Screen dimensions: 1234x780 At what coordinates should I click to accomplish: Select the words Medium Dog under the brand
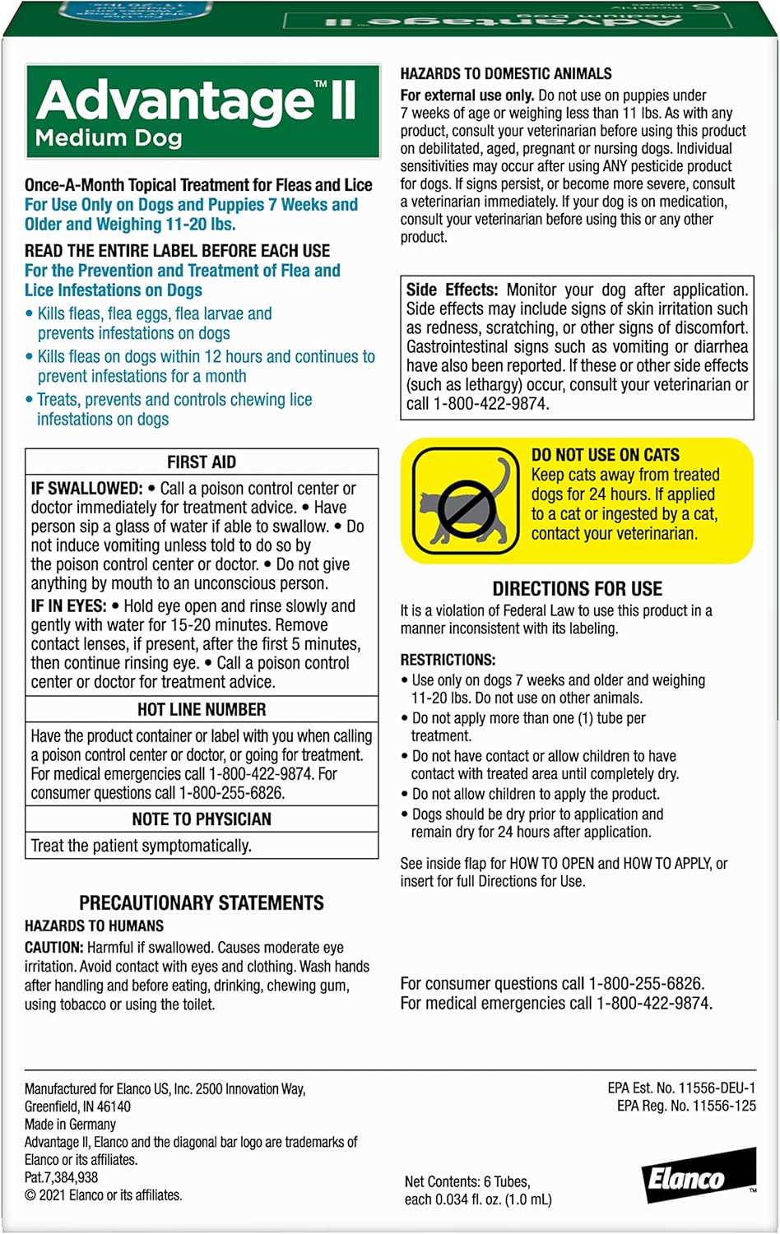109,138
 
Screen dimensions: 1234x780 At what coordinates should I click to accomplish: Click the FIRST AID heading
202,462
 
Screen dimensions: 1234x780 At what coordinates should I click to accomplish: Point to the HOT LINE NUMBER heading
202,709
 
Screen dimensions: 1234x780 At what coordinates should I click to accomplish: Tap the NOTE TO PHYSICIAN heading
202,819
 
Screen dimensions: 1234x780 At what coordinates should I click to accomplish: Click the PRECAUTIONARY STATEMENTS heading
202,903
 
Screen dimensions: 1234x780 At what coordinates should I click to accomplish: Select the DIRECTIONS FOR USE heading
577,589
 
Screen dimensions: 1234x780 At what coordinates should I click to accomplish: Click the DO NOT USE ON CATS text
606,455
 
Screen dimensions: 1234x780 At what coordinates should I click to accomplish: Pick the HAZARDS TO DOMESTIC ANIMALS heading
506,74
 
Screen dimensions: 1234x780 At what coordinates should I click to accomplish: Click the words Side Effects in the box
452,290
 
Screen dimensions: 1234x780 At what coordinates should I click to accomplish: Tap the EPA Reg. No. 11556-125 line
686,1106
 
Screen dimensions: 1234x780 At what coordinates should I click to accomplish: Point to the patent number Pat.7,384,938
62,1177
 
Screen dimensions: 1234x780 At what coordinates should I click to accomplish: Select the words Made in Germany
70,1124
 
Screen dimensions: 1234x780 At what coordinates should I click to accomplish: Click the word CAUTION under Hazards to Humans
53,948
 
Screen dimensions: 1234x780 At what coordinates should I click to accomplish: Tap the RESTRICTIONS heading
448,660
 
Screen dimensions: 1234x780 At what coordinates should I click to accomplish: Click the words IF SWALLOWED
86,489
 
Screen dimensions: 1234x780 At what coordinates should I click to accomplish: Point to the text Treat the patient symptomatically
141,846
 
